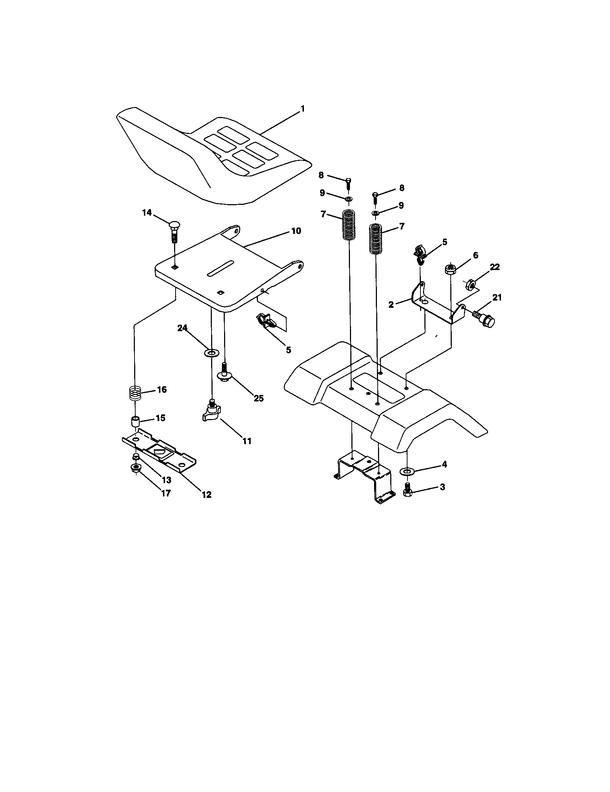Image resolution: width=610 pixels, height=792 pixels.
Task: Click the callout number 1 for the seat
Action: point(302,108)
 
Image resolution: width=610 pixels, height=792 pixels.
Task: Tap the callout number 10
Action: point(296,231)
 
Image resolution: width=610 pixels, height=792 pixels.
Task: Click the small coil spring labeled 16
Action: point(135,392)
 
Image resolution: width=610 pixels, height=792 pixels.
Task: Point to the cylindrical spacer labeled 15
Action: point(135,422)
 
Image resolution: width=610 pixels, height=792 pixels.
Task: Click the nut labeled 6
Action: point(450,269)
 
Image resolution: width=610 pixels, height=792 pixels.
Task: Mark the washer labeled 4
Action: point(407,471)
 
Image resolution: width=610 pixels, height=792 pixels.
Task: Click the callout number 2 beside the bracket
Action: point(391,305)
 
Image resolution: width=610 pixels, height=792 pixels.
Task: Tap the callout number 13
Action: point(166,480)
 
